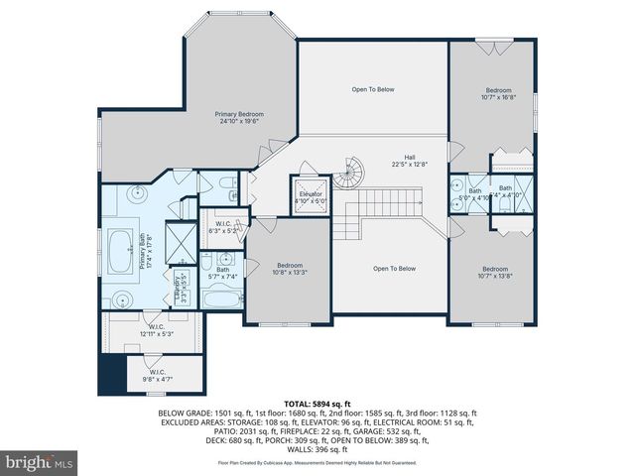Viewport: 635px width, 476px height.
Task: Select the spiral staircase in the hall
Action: (x=347, y=178)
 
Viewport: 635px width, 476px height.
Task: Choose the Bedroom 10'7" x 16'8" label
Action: (x=497, y=93)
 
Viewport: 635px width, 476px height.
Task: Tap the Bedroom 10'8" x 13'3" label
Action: (x=290, y=269)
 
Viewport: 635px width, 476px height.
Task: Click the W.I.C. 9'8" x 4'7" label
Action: (x=157, y=374)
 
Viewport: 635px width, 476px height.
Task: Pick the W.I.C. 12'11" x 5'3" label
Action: (x=156, y=329)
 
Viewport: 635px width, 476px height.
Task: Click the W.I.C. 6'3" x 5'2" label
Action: (x=224, y=227)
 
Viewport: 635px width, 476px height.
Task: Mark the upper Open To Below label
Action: (x=372, y=89)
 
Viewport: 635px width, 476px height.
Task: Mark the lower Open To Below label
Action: (x=394, y=268)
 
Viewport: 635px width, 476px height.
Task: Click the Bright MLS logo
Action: (x=40, y=462)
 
